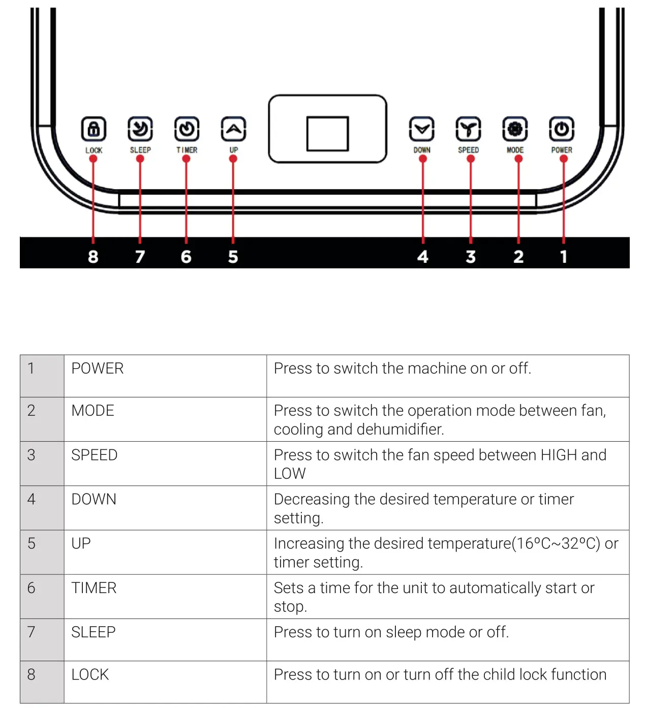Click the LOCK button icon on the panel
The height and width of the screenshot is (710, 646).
tap(94, 129)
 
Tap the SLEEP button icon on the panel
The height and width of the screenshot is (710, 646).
tap(140, 129)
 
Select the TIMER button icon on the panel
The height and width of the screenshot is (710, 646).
tap(187, 129)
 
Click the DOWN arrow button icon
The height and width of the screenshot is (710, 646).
tap(422, 129)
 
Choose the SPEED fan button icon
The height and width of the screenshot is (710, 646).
tap(468, 129)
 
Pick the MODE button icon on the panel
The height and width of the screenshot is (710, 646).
tap(515, 129)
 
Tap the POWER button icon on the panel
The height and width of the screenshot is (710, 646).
tap(562, 129)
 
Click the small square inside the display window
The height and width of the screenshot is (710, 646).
tap(327, 134)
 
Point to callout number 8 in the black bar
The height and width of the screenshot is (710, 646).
tap(93, 257)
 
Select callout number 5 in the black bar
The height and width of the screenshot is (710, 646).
tap(233, 257)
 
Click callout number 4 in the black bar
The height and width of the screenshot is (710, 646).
tap(422, 257)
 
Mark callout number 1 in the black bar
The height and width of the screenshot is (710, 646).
tap(563, 257)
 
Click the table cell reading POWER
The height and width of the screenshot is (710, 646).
tap(98, 368)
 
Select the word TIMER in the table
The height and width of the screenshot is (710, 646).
tap(94, 588)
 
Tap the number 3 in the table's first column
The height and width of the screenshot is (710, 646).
tap(32, 455)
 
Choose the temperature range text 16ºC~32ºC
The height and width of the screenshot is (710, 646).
tap(556, 544)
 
